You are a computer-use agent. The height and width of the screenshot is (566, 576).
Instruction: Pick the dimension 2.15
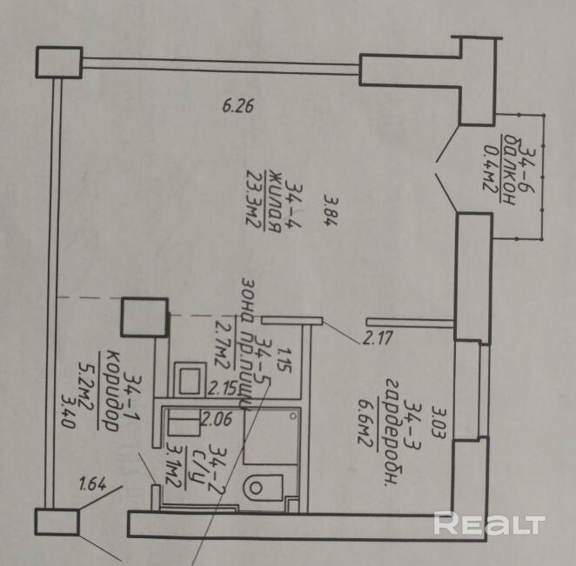pos(224,388)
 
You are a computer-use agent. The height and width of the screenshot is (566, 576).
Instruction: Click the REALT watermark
pos(488,523)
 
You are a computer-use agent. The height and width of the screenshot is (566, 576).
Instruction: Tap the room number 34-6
pos(526,163)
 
